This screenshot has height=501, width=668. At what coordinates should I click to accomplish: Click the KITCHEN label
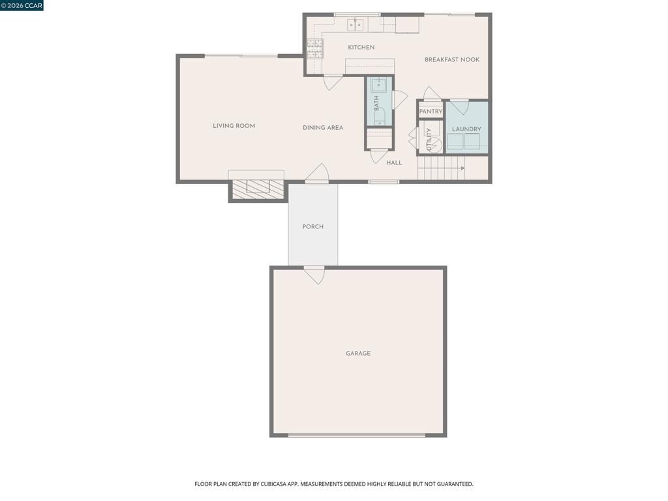[361, 48]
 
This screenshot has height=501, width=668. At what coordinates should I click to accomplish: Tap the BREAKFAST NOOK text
[452, 60]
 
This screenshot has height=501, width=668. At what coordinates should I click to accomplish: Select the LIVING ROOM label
[234, 126]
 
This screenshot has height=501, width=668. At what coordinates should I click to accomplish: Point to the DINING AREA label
[323, 128]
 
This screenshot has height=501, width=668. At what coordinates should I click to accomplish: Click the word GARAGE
[358, 354]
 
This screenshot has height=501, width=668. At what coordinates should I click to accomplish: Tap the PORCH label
[313, 227]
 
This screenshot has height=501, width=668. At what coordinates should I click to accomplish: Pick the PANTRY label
[431, 112]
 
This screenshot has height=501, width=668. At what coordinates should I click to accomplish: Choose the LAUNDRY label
[466, 129]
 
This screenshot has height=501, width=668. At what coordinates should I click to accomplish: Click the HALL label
[394, 163]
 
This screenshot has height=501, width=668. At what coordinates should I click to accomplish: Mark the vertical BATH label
[376, 103]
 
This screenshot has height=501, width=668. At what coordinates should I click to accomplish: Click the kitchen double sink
[356, 25]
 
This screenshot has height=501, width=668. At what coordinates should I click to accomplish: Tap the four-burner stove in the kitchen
[314, 48]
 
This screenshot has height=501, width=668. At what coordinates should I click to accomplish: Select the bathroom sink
[379, 85]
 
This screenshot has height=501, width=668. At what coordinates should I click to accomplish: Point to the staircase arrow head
[463, 168]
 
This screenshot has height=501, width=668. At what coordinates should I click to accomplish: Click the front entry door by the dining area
[317, 173]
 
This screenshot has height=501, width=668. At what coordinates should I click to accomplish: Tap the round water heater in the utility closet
[435, 145]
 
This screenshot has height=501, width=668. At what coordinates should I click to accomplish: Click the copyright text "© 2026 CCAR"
[22, 6]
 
